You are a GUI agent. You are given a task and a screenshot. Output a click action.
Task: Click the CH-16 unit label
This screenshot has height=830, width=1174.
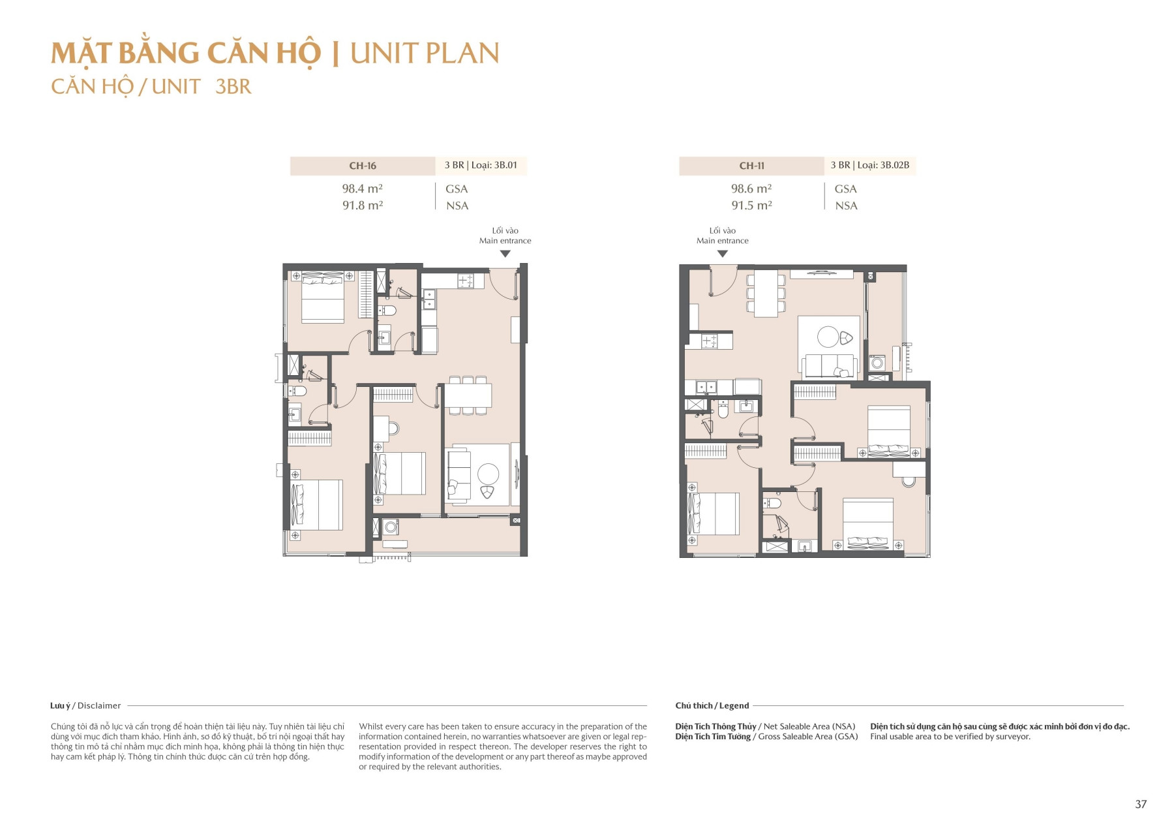(362, 166)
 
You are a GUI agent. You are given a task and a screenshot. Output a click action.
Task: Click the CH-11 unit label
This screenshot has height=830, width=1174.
(751, 166)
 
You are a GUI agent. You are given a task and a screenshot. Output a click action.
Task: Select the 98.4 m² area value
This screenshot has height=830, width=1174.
(362, 189)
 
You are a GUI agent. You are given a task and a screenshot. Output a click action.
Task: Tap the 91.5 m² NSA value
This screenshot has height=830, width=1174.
(751, 205)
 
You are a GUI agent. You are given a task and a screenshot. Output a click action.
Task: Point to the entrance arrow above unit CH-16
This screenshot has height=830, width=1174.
(505, 254)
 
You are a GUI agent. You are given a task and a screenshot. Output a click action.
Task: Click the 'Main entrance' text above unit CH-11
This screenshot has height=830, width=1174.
(722, 241)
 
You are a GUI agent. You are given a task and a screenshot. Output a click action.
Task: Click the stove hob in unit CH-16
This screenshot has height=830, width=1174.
(465, 281)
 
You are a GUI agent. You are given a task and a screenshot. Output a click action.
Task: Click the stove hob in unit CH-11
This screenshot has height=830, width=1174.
(709, 341)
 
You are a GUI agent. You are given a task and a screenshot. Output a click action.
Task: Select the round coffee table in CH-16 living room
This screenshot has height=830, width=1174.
(488, 473)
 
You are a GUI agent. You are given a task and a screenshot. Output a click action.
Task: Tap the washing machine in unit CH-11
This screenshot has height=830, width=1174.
(877, 363)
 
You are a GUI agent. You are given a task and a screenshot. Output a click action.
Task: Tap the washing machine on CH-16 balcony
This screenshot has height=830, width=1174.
(391, 527)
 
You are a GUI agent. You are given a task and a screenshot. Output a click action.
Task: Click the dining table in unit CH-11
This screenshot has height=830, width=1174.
(766, 293)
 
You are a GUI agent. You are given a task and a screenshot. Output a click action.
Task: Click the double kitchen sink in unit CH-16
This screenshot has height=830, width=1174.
(429, 299)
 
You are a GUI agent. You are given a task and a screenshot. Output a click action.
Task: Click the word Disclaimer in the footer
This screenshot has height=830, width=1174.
(99, 705)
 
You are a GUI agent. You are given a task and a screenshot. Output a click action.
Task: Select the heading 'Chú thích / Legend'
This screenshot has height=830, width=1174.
(712, 705)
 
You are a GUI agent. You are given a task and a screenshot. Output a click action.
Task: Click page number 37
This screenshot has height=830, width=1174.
(1140, 804)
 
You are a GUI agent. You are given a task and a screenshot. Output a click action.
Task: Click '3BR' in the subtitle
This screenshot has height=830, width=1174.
(233, 87)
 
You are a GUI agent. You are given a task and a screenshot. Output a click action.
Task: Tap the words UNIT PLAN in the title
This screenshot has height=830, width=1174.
(424, 54)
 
